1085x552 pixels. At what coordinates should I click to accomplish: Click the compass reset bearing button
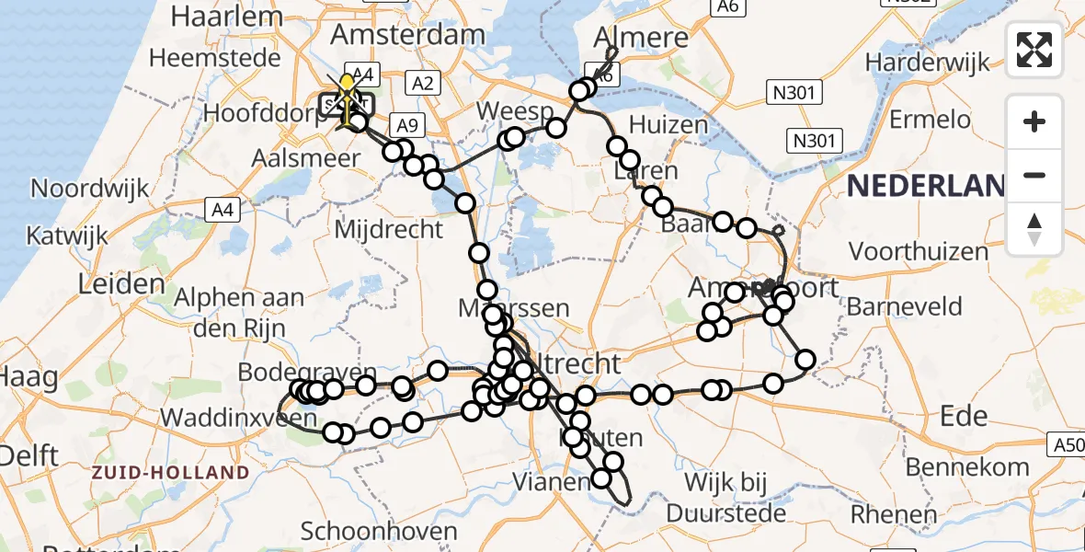(x=1034, y=229)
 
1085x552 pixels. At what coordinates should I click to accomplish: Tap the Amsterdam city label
(x=407, y=35)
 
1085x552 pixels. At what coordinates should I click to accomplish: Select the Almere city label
(x=642, y=37)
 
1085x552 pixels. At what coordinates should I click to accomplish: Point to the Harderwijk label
(x=928, y=63)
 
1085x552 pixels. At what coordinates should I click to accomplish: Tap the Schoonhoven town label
(x=379, y=532)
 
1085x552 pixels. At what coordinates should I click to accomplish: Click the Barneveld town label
(x=904, y=306)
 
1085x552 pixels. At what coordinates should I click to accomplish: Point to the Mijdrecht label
(x=388, y=229)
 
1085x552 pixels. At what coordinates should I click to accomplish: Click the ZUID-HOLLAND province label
(x=170, y=473)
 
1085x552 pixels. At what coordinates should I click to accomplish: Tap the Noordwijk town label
(x=89, y=189)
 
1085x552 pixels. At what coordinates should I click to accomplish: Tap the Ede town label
(x=964, y=415)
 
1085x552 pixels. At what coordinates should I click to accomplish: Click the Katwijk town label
(x=62, y=235)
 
